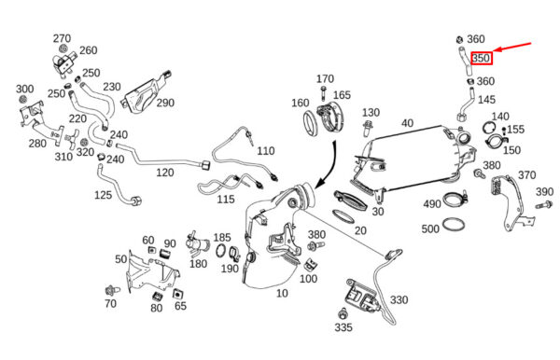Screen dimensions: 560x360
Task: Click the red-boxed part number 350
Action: [482, 58]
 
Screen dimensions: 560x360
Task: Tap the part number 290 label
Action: [165, 103]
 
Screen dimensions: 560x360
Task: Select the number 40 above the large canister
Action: [407, 123]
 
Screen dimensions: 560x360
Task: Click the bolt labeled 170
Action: [324, 92]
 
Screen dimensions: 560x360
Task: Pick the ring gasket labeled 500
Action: [454, 225]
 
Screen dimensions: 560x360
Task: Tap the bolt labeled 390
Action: [544, 205]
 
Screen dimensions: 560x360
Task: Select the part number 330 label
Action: [399, 299]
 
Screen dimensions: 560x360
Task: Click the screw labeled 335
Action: [343, 313]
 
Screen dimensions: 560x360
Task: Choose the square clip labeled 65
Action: [176, 294]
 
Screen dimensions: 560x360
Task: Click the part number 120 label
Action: [165, 173]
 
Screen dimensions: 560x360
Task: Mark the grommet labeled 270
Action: [64, 48]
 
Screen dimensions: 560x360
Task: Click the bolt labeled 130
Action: [367, 129]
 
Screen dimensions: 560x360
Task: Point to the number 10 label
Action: [282, 293]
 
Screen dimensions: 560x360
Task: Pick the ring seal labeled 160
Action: [310, 123]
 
